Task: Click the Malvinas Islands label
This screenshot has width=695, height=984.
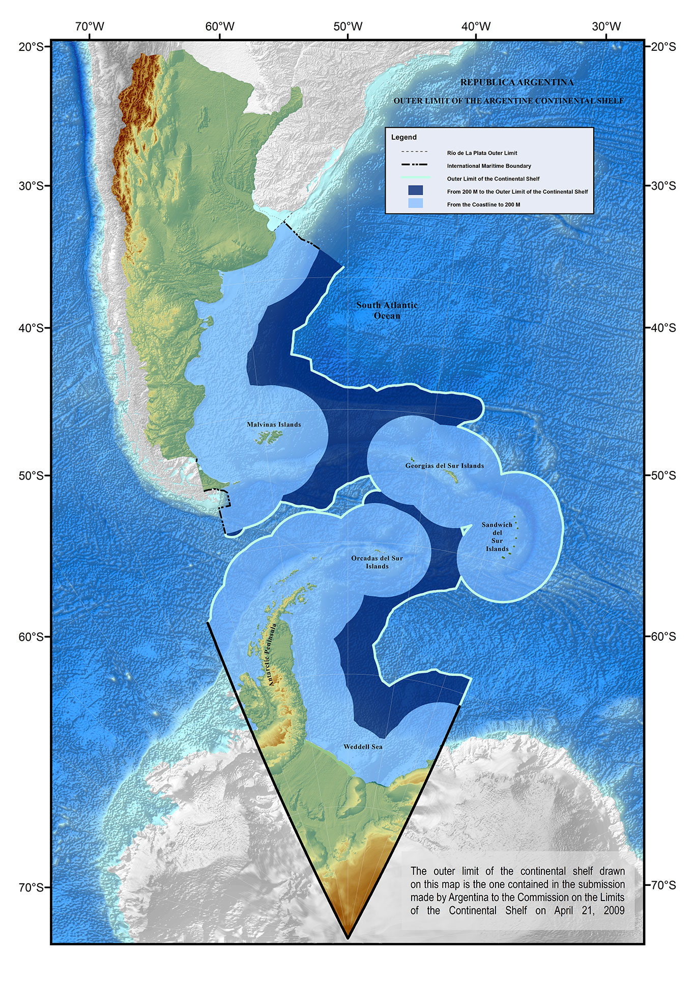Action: point(274,425)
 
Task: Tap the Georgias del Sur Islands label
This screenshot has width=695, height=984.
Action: point(445,466)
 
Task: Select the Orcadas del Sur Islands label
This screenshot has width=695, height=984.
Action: point(377,562)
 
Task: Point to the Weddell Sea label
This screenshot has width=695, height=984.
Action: point(363,747)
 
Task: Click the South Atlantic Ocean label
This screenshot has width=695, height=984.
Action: point(387,310)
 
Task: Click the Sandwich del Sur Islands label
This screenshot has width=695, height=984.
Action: point(497,536)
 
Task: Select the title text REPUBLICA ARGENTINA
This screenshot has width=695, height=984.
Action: point(517,82)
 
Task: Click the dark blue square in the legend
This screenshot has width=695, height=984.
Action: point(415,191)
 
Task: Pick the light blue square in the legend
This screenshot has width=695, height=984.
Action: point(415,204)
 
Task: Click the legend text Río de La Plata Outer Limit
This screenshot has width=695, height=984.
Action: point(482,153)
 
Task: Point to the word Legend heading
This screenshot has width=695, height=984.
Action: point(404,137)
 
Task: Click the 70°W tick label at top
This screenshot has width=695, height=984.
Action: point(90,26)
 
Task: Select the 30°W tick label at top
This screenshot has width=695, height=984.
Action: point(606,26)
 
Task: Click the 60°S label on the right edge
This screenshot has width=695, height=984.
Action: point(663,637)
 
